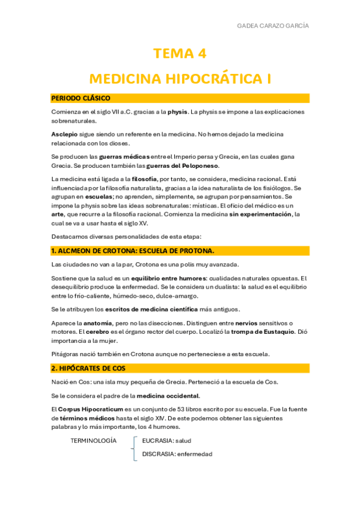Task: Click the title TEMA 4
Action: click(180, 54)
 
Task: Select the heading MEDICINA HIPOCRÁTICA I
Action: click(180, 78)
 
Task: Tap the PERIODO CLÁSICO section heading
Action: click(81, 98)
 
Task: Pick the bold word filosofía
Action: click(139, 179)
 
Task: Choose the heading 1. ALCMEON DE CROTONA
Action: click(132, 250)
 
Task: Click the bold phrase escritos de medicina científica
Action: click(157, 309)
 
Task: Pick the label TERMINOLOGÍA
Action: click(94, 440)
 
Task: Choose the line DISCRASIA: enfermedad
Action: click(177, 454)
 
